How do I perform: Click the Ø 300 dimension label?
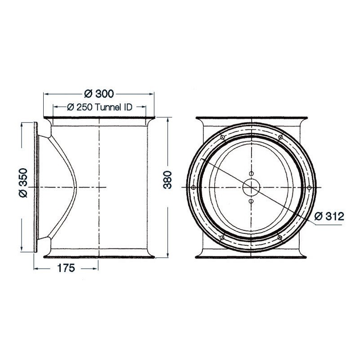click(x=99, y=94)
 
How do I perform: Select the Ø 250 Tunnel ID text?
click(x=99, y=107)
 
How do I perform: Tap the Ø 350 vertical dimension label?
click(x=23, y=183)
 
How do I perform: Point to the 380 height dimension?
click(x=167, y=180)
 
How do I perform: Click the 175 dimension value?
click(x=66, y=268)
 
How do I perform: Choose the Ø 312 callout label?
click(x=329, y=216)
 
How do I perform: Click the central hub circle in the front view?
click(x=252, y=187)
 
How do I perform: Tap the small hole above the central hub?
click(x=252, y=174)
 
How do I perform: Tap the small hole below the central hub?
click(x=251, y=201)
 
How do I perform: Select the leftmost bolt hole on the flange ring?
click(x=193, y=188)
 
